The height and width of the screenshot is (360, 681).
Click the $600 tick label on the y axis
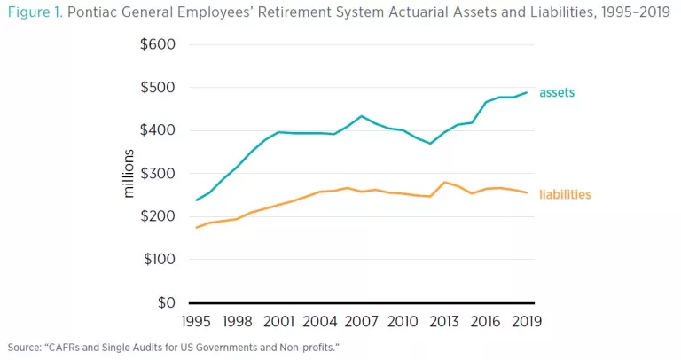pyautogui.click(x=158, y=45)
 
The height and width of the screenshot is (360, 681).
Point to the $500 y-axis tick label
pyautogui.click(x=158, y=88)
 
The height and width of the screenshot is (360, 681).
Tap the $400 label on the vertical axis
pyautogui.click(x=158, y=131)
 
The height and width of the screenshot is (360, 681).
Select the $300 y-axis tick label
pyautogui.click(x=158, y=174)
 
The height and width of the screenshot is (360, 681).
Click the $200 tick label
pyautogui.click(x=158, y=217)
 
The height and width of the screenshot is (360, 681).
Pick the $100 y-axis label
pyautogui.click(x=158, y=260)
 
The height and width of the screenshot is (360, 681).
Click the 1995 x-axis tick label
pyautogui.click(x=197, y=320)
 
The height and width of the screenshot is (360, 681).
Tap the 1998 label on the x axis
pyautogui.click(x=238, y=320)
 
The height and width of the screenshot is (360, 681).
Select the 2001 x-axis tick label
pyautogui.click(x=279, y=320)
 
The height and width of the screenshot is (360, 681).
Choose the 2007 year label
pyautogui.click(x=362, y=320)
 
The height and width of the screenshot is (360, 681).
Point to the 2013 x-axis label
pyautogui.click(x=443, y=320)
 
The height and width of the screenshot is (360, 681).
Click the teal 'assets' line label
pyautogui.click(x=557, y=92)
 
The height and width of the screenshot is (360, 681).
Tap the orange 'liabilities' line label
pyautogui.click(x=565, y=194)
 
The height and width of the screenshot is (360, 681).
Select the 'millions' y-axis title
pyautogui.click(x=129, y=173)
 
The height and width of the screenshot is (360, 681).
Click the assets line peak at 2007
pyautogui.click(x=362, y=116)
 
